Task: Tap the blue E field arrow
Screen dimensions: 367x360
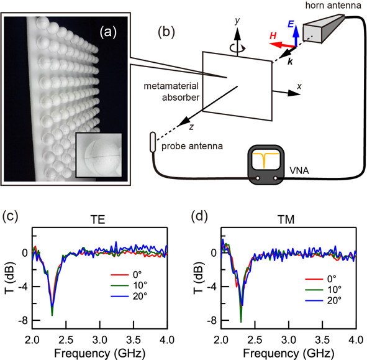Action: (x=296, y=35)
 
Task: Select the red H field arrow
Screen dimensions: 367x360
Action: (x=283, y=45)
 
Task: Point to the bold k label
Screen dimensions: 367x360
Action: (x=290, y=62)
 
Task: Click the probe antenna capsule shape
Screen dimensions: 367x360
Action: (x=153, y=142)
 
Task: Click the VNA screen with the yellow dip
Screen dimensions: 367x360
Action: (x=266, y=160)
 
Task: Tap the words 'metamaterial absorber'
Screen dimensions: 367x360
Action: (x=171, y=91)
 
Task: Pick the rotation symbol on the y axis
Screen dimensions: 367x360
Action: (x=237, y=48)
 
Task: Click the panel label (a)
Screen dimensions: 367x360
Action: (x=108, y=32)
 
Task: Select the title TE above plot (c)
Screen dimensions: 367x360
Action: (x=98, y=220)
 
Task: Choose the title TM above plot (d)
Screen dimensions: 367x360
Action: (x=286, y=220)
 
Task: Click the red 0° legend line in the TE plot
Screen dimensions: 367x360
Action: (x=120, y=274)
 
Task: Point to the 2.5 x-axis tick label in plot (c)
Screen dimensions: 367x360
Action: (x=66, y=339)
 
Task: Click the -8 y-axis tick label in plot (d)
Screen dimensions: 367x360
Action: (x=212, y=320)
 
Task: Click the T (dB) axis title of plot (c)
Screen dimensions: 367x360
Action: (x=9, y=277)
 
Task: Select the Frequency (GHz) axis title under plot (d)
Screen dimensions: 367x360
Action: (x=289, y=353)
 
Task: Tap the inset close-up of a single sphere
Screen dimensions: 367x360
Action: (x=99, y=155)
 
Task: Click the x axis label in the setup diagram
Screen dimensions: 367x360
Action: (x=299, y=86)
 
